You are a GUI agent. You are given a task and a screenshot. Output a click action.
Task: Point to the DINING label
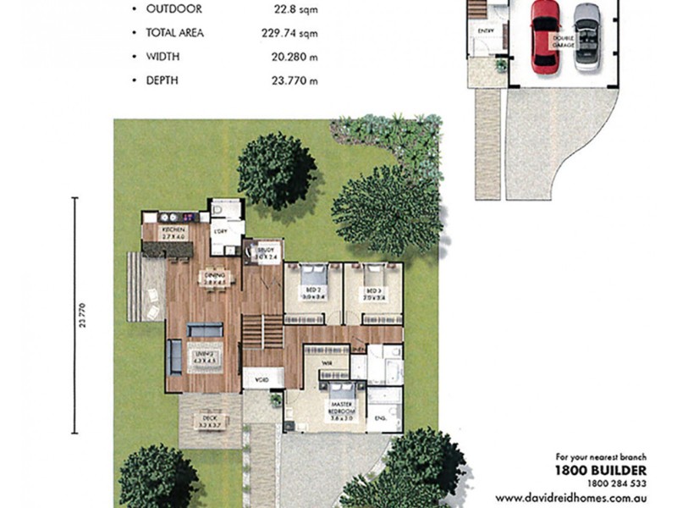212,276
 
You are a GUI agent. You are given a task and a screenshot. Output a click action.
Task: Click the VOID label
257,380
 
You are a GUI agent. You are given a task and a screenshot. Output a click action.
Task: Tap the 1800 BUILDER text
600,470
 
